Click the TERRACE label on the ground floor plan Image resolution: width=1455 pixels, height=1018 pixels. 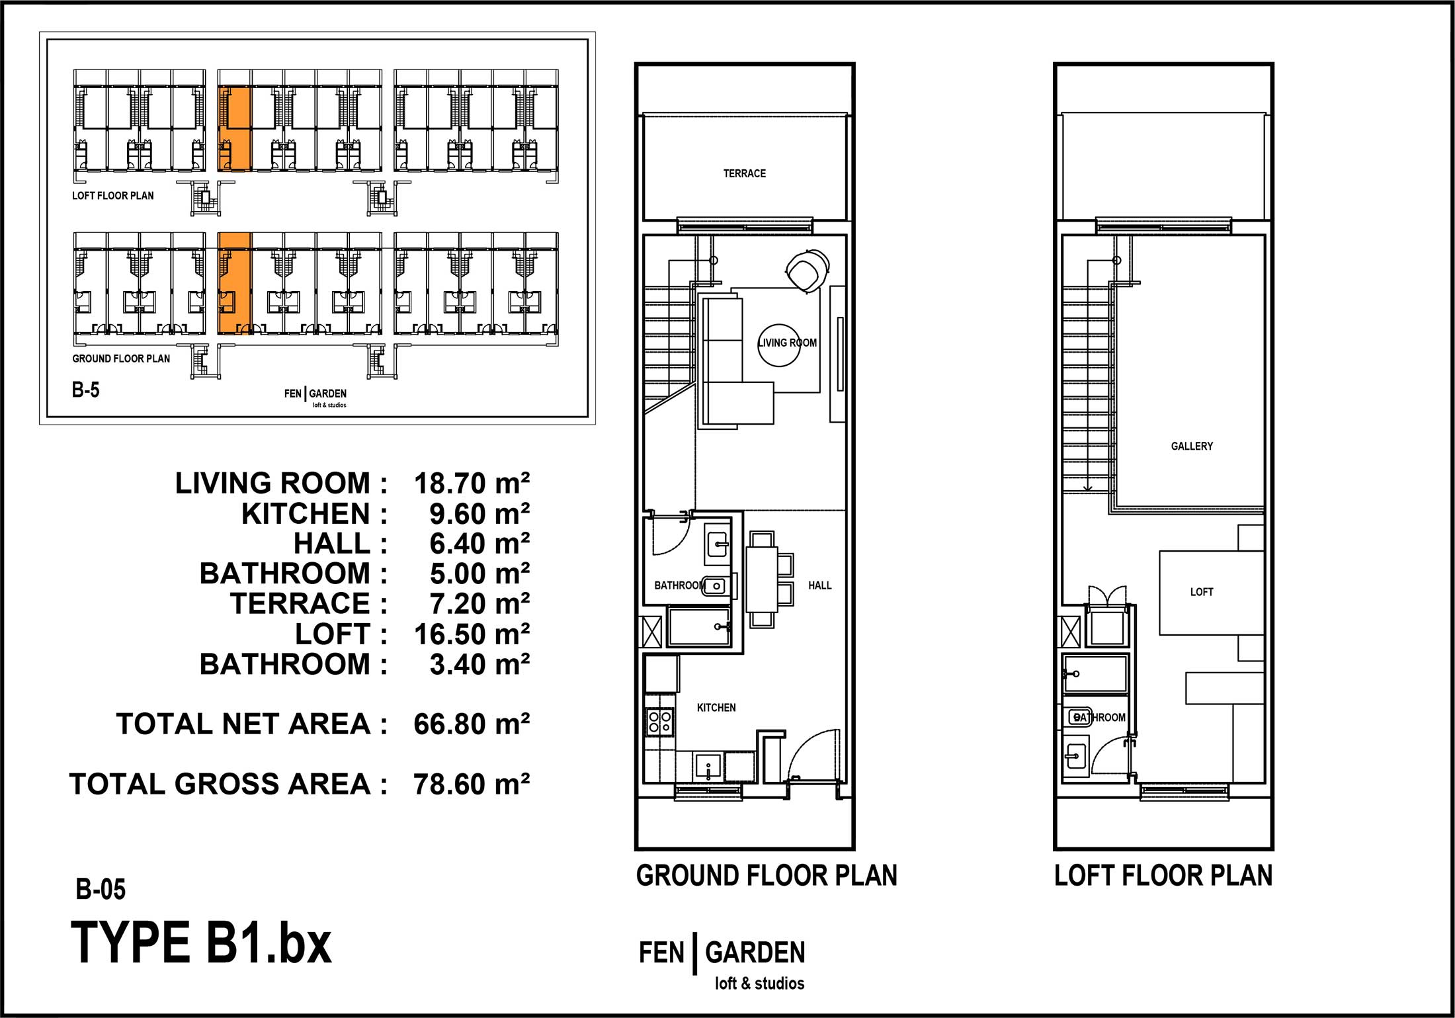[744, 173]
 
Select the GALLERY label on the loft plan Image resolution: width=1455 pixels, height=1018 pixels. [1192, 446]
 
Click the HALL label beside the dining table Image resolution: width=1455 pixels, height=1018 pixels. [819, 585]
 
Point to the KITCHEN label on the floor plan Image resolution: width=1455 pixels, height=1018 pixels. [716, 708]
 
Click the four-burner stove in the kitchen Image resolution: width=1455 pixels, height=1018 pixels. [660, 722]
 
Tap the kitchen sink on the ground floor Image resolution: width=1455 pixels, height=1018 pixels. [708, 767]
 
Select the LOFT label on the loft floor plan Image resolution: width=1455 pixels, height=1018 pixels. [1202, 592]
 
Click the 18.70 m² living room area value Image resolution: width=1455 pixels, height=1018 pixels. [472, 484]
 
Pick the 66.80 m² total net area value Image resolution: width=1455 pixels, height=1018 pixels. [472, 724]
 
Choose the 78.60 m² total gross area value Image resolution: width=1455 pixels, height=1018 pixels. [472, 785]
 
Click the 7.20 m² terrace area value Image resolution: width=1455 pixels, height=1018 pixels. [479, 604]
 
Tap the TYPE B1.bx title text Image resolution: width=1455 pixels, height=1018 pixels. [201, 943]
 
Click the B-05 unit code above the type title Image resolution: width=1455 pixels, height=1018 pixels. [101, 890]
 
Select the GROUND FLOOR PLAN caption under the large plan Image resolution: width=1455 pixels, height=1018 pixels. [767, 876]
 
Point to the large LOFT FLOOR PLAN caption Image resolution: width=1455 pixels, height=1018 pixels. [1163, 876]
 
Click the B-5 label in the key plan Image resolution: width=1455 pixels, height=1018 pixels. [85, 390]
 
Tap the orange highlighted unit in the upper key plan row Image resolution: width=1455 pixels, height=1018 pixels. [235, 128]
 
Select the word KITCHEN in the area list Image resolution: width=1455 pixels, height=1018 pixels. [306, 514]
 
